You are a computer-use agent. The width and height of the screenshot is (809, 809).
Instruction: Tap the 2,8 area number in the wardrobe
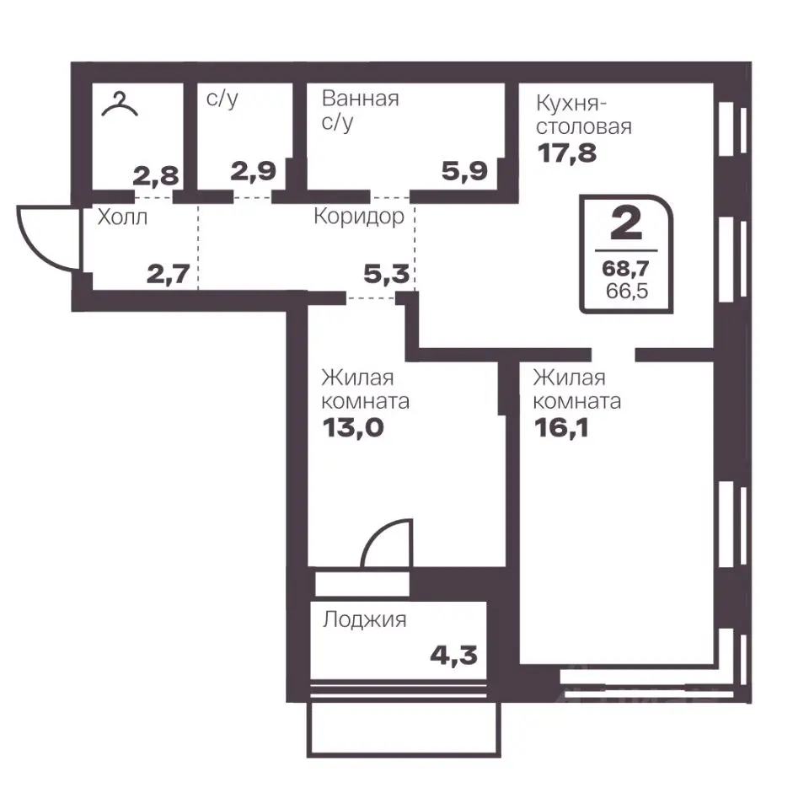click(156, 176)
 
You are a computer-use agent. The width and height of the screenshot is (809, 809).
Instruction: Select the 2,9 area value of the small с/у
click(254, 171)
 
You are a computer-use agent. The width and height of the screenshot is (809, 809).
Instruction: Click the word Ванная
click(360, 98)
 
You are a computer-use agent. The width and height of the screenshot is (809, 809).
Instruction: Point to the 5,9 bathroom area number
click(464, 171)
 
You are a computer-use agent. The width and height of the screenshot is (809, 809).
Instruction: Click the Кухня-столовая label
click(583, 115)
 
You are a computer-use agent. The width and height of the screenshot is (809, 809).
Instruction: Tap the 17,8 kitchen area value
click(567, 153)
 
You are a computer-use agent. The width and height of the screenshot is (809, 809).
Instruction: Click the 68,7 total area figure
click(625, 268)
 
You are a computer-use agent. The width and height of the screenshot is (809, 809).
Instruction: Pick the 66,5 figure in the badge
click(627, 291)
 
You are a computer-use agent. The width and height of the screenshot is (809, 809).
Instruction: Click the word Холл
click(122, 217)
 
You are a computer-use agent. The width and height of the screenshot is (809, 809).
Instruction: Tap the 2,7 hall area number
click(169, 274)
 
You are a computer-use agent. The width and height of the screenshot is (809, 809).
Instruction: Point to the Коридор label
click(359, 217)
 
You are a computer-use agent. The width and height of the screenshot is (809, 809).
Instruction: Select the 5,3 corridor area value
click(387, 274)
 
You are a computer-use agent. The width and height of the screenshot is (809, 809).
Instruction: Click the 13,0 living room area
click(353, 427)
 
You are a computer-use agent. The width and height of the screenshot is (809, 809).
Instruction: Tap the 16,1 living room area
click(561, 427)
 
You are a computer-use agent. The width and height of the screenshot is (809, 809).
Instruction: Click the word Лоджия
click(364, 619)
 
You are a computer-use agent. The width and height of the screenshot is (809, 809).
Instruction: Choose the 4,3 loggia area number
click(453, 656)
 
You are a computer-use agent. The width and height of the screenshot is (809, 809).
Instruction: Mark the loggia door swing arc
click(376, 533)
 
